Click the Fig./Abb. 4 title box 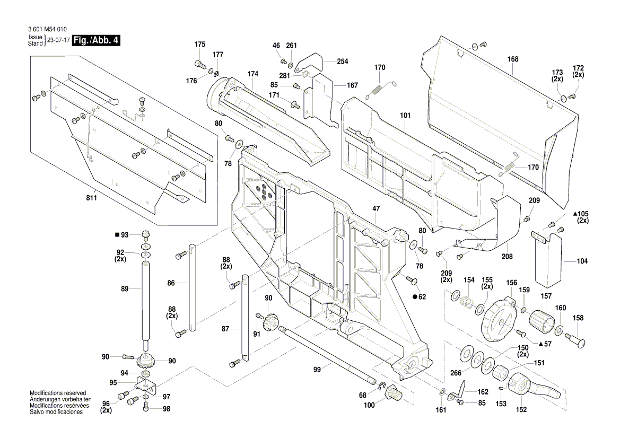tap(95, 40)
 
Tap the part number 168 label tap(513, 59)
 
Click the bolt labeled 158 tap(575, 339)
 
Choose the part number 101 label tap(405, 115)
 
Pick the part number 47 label tap(376, 209)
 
